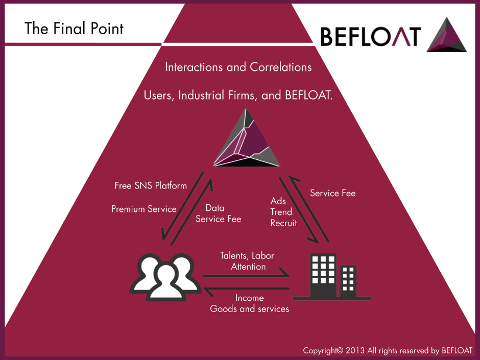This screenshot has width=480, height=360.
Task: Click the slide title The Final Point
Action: [74, 28]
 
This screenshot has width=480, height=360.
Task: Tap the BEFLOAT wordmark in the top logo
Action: [371, 36]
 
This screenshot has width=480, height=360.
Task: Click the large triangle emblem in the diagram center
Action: [247, 139]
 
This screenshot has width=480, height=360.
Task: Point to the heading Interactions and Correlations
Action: [238, 67]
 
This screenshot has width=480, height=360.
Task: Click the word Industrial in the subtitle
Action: [202, 95]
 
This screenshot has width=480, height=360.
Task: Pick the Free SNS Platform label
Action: [151, 185]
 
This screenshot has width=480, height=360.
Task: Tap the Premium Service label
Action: [144, 209]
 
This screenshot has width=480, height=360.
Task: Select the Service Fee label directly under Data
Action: [218, 219]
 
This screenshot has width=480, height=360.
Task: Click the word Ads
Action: [278, 201]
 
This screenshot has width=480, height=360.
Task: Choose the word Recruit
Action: [283, 223]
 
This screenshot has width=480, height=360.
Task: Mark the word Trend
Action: [281, 212]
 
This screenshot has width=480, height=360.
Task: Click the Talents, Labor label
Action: [247, 255]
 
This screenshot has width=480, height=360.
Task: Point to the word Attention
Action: [248, 267]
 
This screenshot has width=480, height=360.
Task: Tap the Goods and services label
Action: [249, 308]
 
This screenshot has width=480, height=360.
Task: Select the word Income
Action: [249, 298]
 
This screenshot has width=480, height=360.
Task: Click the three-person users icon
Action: [164, 276]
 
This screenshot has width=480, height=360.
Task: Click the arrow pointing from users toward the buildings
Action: [246, 276]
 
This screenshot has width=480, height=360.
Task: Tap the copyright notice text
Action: [388, 350]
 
